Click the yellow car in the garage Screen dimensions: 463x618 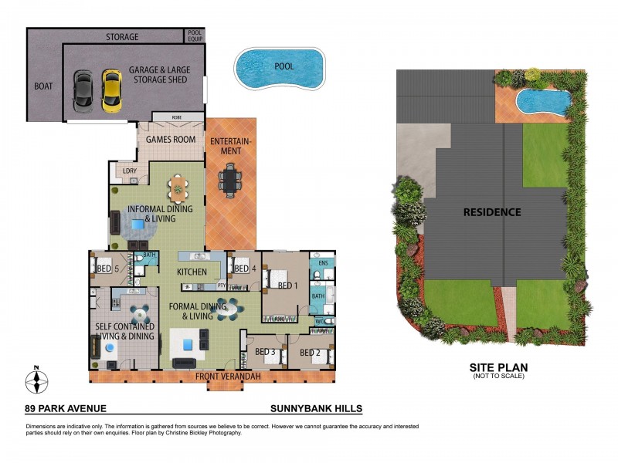coord(112,90)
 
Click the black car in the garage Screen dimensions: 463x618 coord(83,90)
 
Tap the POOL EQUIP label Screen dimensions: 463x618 coord(195,36)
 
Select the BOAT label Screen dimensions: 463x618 coord(44,86)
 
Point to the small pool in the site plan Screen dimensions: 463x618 coord(543,100)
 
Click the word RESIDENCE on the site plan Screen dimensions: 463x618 coord(492,211)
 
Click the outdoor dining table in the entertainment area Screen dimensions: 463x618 coord(230,180)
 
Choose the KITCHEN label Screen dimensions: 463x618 coord(191,272)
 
